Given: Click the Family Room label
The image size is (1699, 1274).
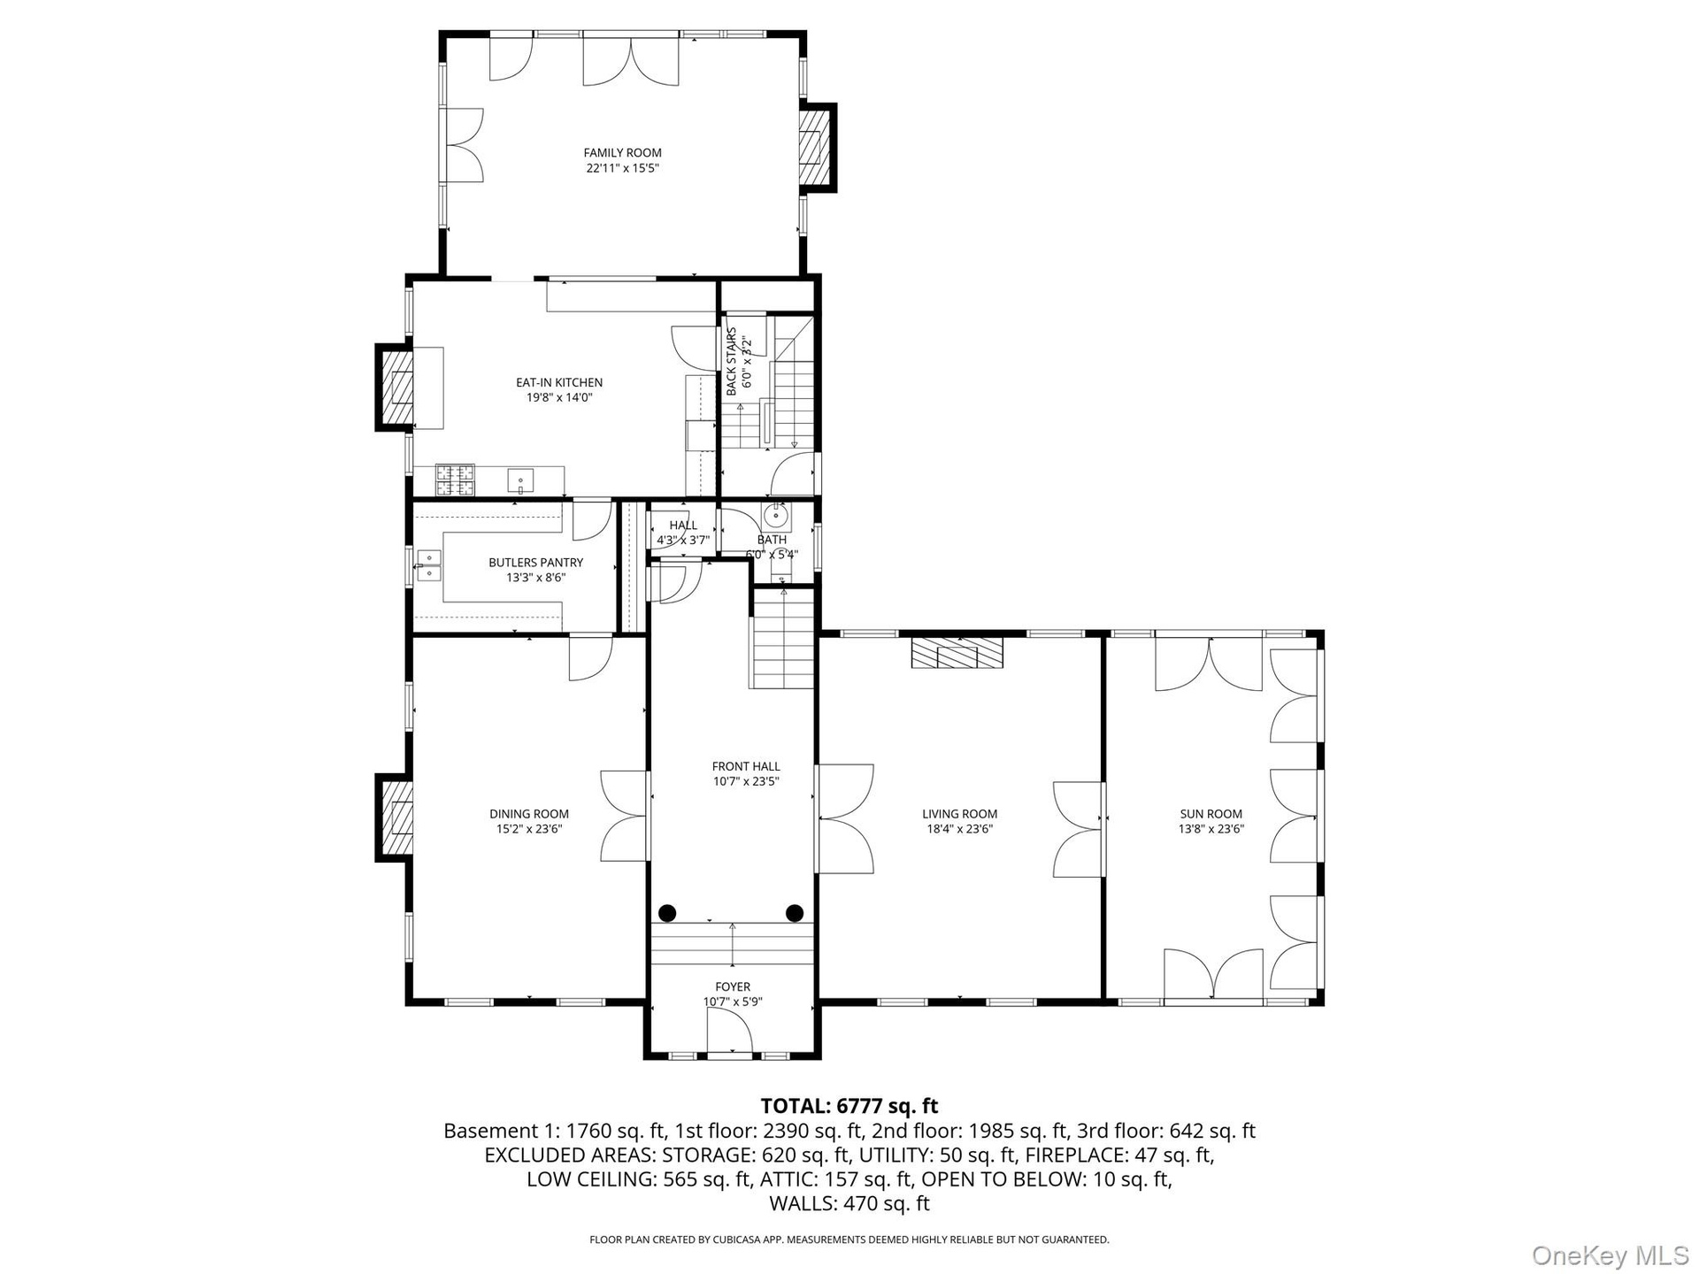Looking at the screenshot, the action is (x=622, y=153).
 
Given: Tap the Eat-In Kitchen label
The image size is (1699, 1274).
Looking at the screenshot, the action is (x=559, y=383).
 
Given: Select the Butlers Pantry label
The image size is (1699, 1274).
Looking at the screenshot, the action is (x=536, y=563).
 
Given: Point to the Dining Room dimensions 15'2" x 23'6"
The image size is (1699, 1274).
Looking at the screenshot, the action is (x=529, y=829).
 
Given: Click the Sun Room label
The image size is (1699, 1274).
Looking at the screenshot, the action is (x=1211, y=814).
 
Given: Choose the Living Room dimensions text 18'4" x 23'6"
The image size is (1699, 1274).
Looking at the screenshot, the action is (x=959, y=829).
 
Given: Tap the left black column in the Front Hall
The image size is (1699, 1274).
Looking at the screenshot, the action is (x=666, y=912).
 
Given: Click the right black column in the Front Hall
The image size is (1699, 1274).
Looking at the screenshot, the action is (x=795, y=912).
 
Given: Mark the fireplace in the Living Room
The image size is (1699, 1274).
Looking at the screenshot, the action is (x=958, y=652).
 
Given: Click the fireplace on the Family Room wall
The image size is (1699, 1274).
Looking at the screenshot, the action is (x=817, y=147).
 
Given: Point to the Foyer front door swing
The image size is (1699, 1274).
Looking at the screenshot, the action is (x=729, y=1032).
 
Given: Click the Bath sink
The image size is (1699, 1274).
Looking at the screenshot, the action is (x=776, y=514).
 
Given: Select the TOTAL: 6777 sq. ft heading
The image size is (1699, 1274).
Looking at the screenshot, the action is (x=849, y=1106).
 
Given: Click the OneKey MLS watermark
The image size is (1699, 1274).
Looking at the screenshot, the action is (x=1610, y=1255).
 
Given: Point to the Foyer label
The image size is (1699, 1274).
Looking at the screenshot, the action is (x=733, y=986).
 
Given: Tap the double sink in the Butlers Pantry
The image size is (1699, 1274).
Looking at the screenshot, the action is (x=429, y=565).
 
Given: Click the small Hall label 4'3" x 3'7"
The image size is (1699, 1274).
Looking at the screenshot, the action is (x=683, y=533).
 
